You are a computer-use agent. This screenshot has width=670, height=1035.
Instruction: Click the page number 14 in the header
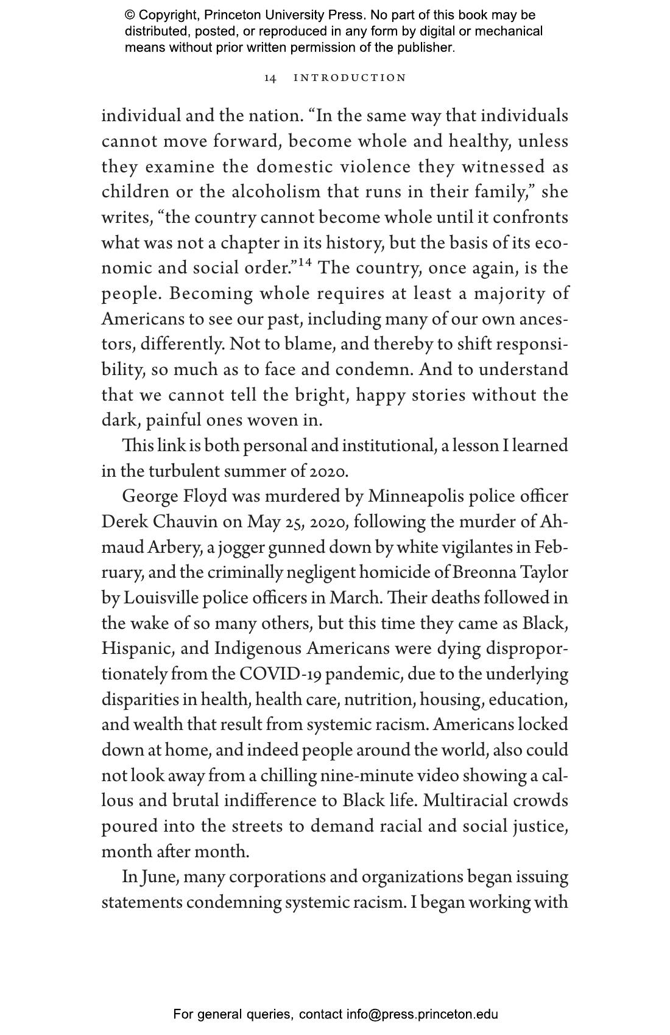(x=270, y=78)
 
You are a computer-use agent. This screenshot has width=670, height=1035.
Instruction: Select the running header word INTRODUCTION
(x=350, y=78)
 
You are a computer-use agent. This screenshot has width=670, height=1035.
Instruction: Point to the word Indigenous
(x=258, y=648)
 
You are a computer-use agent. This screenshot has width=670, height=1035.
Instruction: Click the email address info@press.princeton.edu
(x=422, y=1014)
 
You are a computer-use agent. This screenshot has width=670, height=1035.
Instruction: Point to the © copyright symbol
(x=130, y=15)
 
